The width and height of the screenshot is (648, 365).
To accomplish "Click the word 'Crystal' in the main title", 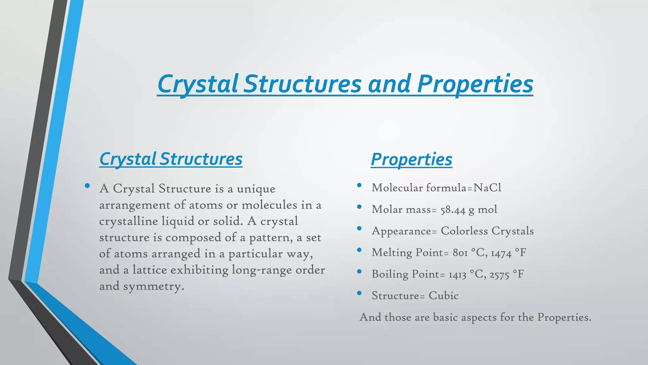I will (197, 84).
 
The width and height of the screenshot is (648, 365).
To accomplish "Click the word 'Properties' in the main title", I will (475, 84).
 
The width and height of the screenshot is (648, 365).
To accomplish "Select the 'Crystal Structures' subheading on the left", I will (171, 159).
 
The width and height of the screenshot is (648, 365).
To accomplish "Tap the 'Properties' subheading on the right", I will (411, 159).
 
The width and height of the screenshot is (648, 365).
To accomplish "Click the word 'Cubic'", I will (443, 296).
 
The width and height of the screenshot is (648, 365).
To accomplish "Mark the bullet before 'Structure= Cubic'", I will (359, 293).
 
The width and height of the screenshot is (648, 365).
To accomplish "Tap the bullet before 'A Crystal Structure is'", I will (87, 186).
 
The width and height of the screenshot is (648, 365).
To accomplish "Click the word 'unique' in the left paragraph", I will (256, 189).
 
